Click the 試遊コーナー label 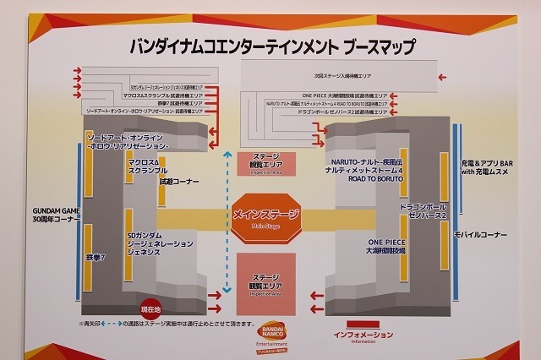click(x=179, y=180)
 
